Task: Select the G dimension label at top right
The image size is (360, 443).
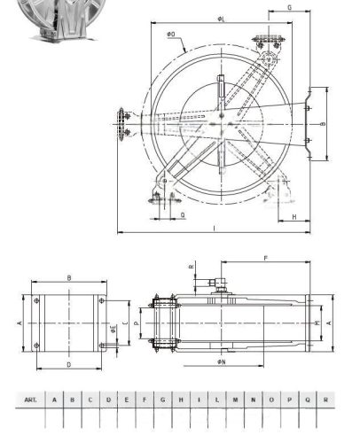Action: pyautogui.click(x=291, y=7)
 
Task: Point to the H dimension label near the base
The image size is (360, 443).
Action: pyautogui.click(x=293, y=217)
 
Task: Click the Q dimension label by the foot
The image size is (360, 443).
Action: pyautogui.click(x=182, y=215)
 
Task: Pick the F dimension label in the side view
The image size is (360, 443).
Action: pyautogui.click(x=265, y=259)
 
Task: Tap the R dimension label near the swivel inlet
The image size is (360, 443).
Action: pyautogui.click(x=192, y=265)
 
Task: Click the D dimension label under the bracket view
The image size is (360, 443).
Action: pyautogui.click(x=68, y=363)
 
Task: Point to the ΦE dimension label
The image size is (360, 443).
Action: pyautogui.click(x=113, y=328)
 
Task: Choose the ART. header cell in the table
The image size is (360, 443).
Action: pyautogui.click(x=32, y=400)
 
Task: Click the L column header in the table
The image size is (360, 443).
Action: pyautogui.click(x=217, y=400)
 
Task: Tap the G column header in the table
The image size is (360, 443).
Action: pyautogui.click(x=163, y=400)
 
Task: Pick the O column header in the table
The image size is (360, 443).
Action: pyautogui.click(x=272, y=400)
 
